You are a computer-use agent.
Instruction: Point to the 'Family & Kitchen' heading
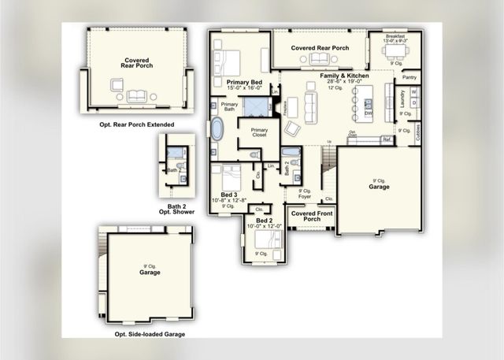point(340,77)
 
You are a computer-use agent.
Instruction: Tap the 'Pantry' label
point(409,78)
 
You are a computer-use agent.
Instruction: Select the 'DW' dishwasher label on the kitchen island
point(368,113)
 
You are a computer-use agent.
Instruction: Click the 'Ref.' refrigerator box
point(387,139)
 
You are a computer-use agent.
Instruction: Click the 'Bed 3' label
point(228,194)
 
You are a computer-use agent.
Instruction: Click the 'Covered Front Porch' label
point(310,216)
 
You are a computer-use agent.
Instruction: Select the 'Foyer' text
point(305,197)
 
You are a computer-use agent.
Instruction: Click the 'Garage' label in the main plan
point(380,187)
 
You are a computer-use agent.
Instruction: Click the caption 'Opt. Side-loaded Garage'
point(150,334)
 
